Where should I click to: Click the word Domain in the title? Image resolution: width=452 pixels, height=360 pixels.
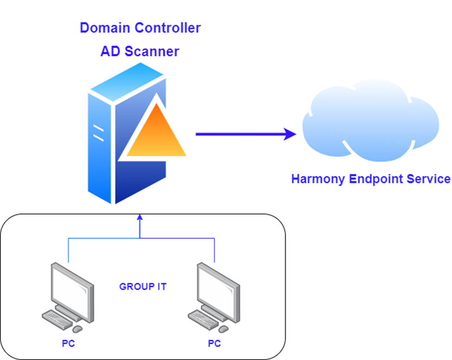click(105, 28)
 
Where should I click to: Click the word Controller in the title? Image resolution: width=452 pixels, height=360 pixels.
click(167, 28)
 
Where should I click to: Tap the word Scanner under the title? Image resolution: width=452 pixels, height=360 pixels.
click(152, 51)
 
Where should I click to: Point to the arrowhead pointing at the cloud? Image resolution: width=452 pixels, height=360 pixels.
click(290, 134)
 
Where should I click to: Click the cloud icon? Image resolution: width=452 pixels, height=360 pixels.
click(371, 120)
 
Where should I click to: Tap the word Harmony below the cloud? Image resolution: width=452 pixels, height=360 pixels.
click(318, 179)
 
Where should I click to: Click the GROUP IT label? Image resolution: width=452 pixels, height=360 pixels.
click(143, 286)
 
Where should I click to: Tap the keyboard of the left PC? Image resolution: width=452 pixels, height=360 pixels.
click(57, 319)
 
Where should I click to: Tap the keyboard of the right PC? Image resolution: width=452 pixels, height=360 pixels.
click(203, 319)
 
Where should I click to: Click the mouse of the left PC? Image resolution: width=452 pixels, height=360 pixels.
click(77, 329)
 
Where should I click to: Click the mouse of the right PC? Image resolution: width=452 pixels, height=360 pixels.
click(223, 329)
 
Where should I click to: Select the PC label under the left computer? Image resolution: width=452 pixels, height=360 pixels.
click(68, 343)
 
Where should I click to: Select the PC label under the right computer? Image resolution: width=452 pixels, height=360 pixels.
click(215, 343)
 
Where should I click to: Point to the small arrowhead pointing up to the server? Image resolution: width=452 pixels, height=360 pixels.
click(140, 217)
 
